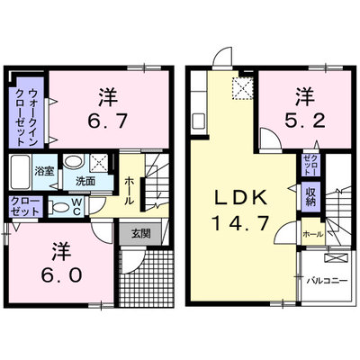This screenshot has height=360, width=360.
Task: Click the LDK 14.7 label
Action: (240, 211)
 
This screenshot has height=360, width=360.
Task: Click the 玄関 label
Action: (140, 233)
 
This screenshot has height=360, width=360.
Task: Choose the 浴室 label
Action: (44, 171)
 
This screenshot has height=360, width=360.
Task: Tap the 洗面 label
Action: (85, 181)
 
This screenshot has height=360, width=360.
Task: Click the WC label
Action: (76, 207)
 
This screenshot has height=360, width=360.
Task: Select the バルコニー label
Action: (327, 281)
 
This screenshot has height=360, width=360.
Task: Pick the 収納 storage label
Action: (310, 197)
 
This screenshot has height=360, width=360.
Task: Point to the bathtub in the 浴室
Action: (20, 172)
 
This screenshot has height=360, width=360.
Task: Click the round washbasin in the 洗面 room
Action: (73, 162)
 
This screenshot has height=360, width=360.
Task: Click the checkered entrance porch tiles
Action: (147, 278)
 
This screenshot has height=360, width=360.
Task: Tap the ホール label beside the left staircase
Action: (130, 191)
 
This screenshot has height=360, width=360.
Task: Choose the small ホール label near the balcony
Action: (313, 234)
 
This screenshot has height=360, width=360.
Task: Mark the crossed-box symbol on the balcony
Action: (337, 257)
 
